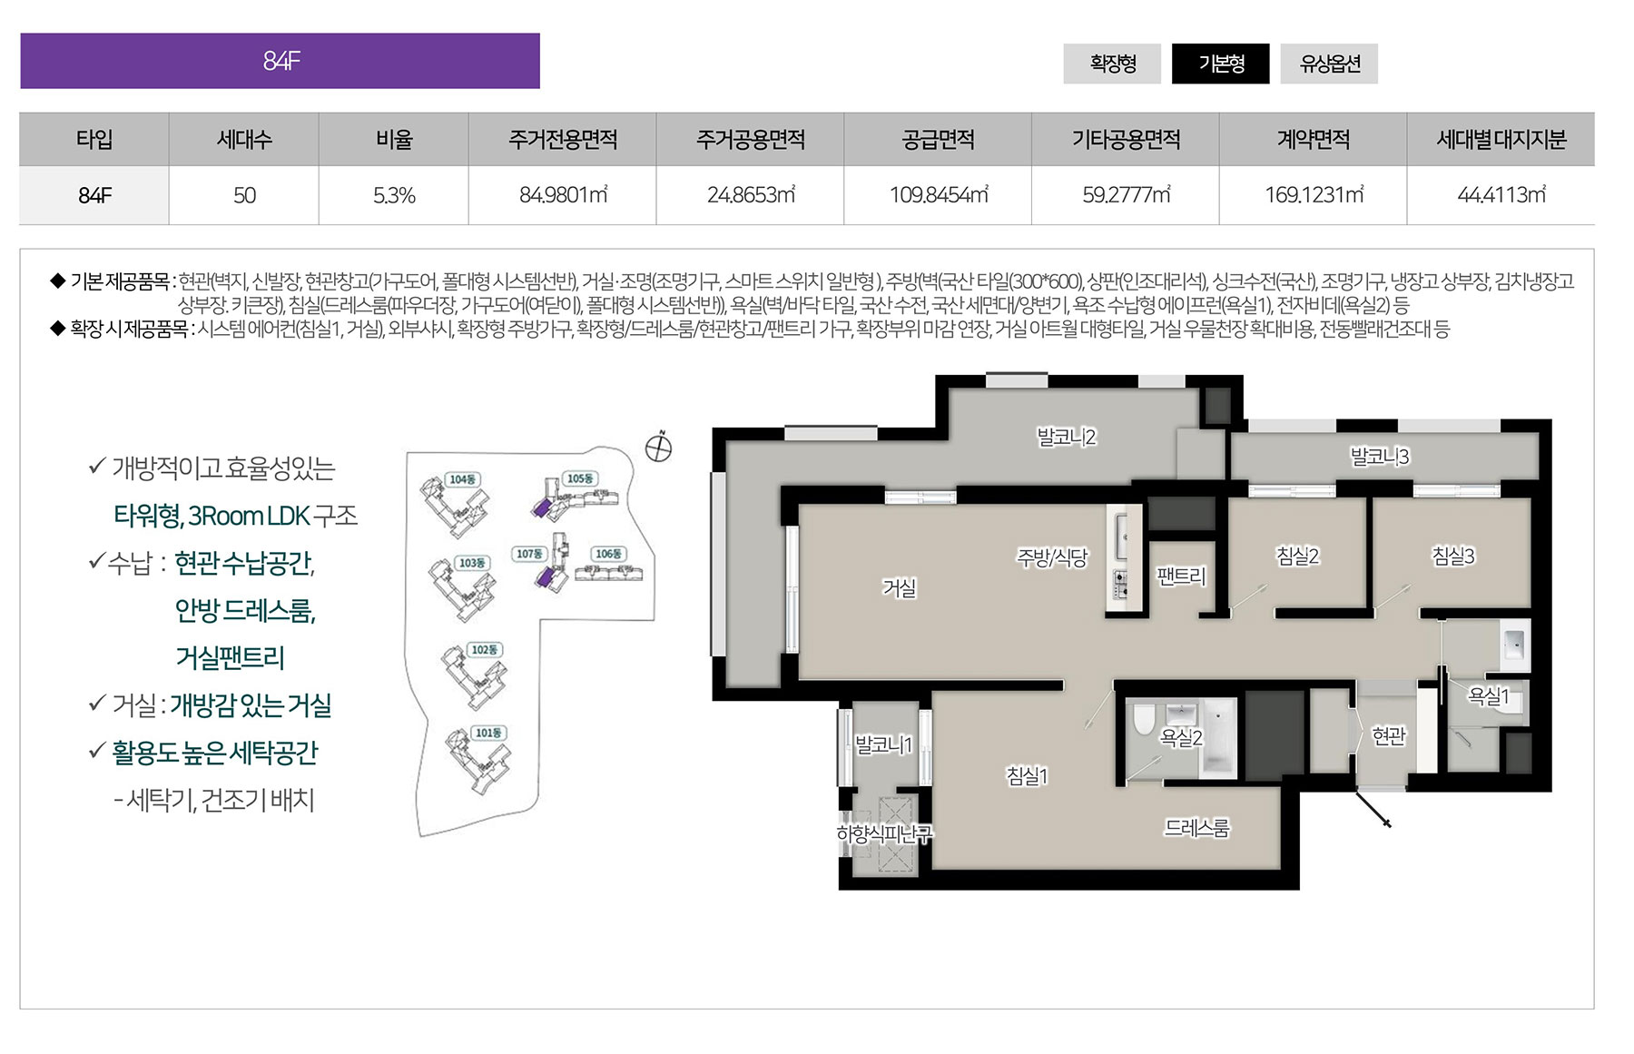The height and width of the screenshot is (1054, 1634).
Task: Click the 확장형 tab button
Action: (1112, 64)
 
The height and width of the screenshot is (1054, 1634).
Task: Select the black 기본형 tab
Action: (1221, 64)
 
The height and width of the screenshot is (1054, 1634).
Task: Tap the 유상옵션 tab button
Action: (1329, 64)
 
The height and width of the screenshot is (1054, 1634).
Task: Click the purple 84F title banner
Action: (281, 61)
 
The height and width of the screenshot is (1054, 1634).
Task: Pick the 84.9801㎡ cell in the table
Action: (563, 195)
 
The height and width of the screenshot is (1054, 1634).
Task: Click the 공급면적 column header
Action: (938, 140)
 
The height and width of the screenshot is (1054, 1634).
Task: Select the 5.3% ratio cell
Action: (394, 195)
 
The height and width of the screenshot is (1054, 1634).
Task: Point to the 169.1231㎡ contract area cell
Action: (1314, 195)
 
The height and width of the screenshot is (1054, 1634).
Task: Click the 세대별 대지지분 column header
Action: (1501, 140)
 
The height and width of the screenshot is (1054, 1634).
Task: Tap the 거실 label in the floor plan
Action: (900, 588)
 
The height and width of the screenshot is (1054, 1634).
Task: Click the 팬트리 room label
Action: (1181, 576)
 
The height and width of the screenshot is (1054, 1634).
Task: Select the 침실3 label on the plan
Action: (1453, 556)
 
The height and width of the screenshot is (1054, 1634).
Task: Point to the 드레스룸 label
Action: (1196, 828)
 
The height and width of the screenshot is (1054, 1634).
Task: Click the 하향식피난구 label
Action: (884, 833)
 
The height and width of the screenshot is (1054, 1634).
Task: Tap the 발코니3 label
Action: (1380, 457)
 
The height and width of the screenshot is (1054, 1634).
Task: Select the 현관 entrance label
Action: (1389, 736)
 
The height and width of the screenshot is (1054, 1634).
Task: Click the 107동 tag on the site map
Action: (529, 554)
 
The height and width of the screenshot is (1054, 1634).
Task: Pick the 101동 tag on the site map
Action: (488, 733)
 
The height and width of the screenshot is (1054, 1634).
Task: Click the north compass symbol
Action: (658, 448)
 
